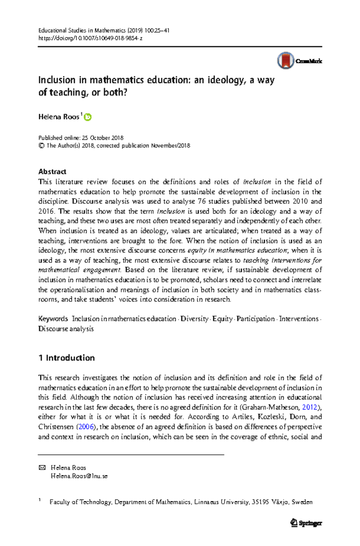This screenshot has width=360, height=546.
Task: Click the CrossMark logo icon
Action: click(285, 61)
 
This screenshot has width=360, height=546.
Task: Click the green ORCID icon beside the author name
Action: click(88, 117)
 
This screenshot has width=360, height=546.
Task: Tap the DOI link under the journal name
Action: click(90, 38)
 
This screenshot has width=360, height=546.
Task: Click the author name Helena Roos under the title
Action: click(58, 117)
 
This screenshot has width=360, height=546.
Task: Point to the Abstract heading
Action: click(52, 172)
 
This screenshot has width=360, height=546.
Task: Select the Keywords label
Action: click(53, 319)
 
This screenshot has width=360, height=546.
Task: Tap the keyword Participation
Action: click(255, 319)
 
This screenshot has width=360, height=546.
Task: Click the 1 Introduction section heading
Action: click(67, 358)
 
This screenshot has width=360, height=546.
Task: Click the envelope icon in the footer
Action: click(42, 467)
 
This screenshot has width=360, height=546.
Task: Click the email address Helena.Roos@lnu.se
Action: click(79, 476)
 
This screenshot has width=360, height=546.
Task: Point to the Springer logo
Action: click(306, 523)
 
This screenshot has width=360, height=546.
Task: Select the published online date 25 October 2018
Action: click(102, 138)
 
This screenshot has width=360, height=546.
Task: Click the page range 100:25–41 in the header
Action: click(157, 30)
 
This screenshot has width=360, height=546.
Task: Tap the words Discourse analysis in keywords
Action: click(66, 328)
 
